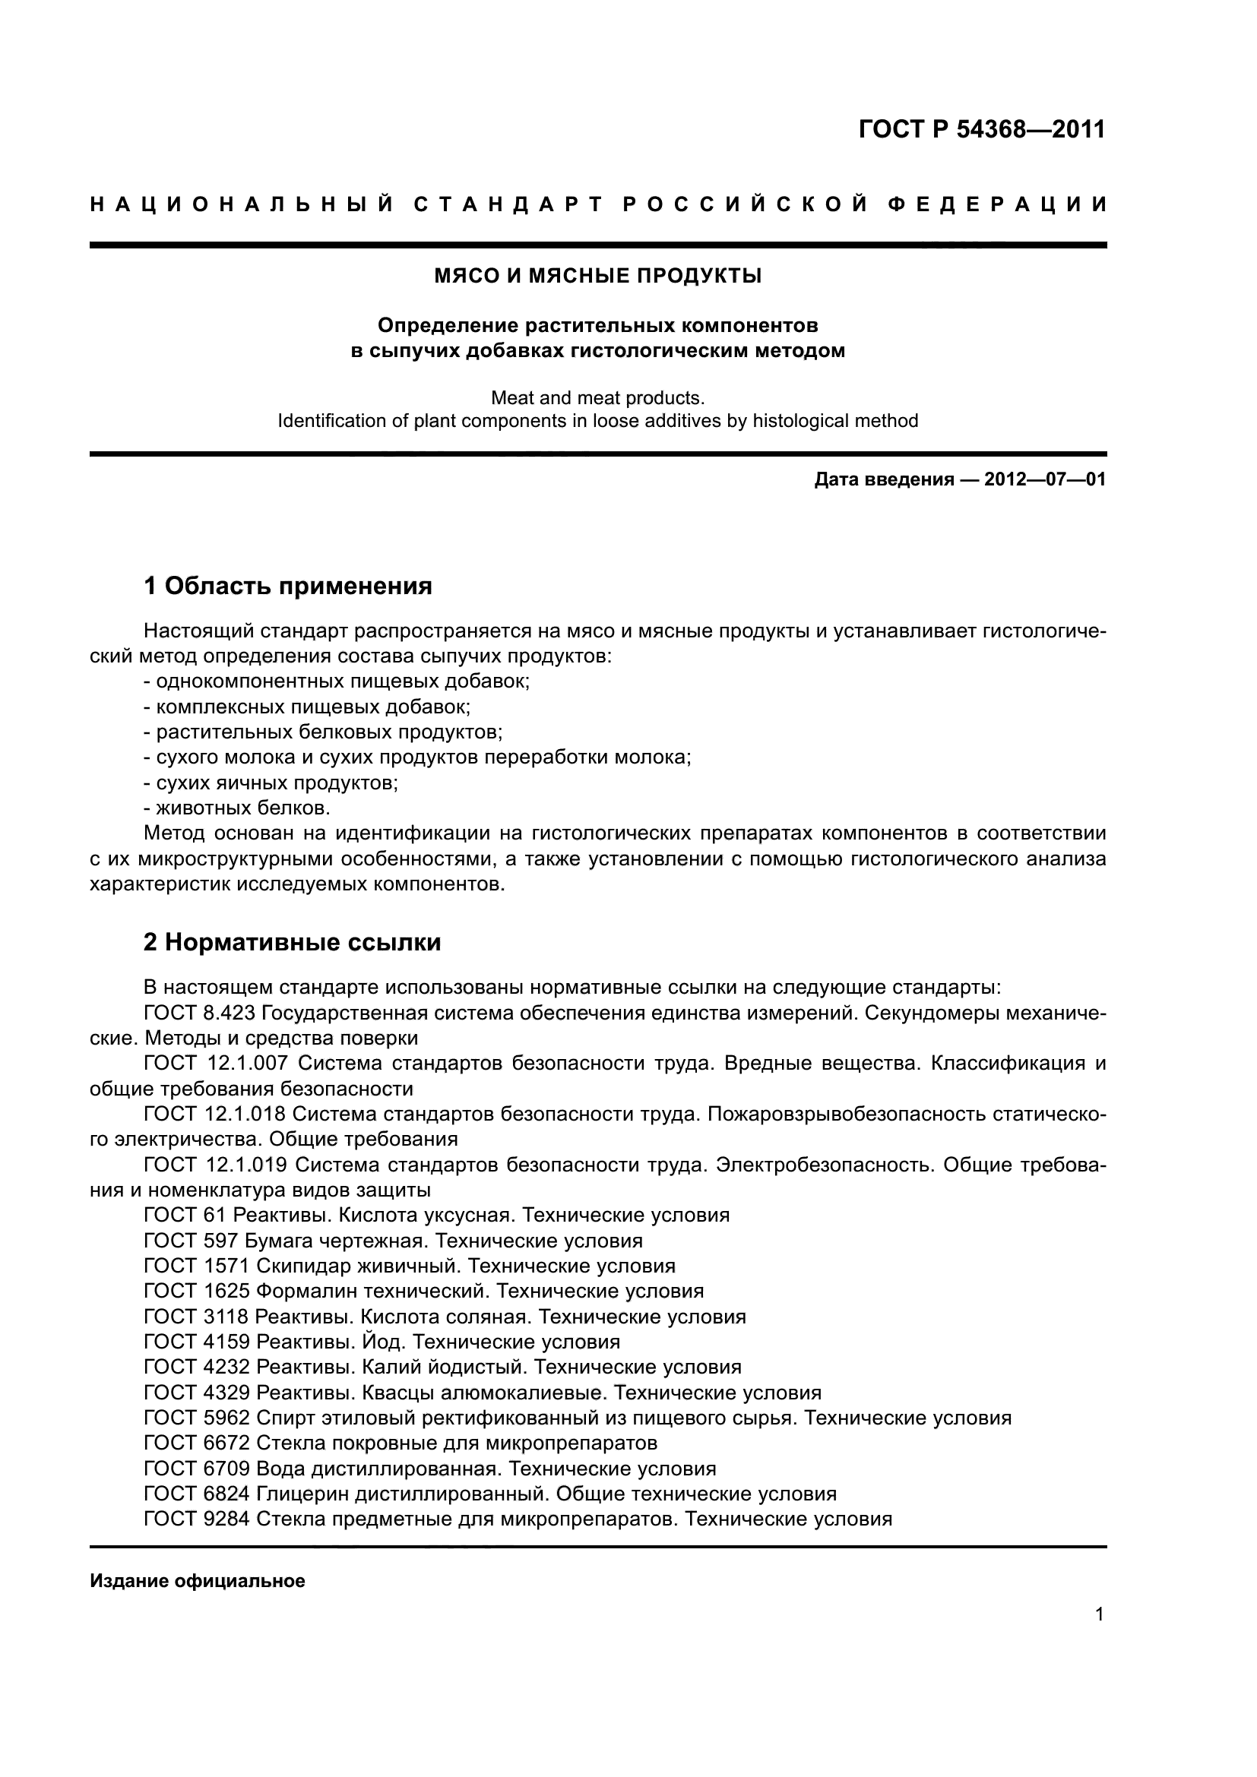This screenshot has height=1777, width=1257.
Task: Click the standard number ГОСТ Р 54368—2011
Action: [x=981, y=128]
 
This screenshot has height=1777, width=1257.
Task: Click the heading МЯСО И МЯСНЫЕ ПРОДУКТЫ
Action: [x=597, y=276]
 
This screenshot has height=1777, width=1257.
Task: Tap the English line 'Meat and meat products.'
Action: [x=597, y=398]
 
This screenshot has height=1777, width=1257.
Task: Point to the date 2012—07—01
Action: [x=1045, y=479]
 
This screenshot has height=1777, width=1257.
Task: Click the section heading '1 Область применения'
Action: [x=288, y=586]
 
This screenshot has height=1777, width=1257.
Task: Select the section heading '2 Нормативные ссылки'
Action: [x=293, y=942]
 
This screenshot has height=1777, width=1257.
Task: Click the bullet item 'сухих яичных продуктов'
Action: [x=277, y=783]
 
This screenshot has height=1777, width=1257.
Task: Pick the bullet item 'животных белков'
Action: [x=243, y=808]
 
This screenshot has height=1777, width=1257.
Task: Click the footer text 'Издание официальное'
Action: [x=198, y=1580]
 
